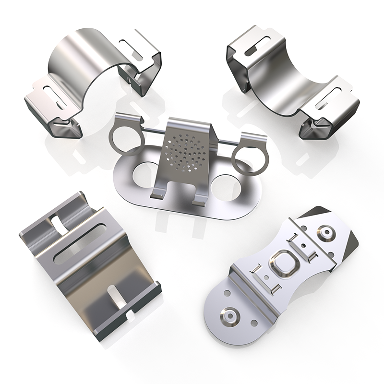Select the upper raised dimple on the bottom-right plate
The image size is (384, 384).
(328, 233)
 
